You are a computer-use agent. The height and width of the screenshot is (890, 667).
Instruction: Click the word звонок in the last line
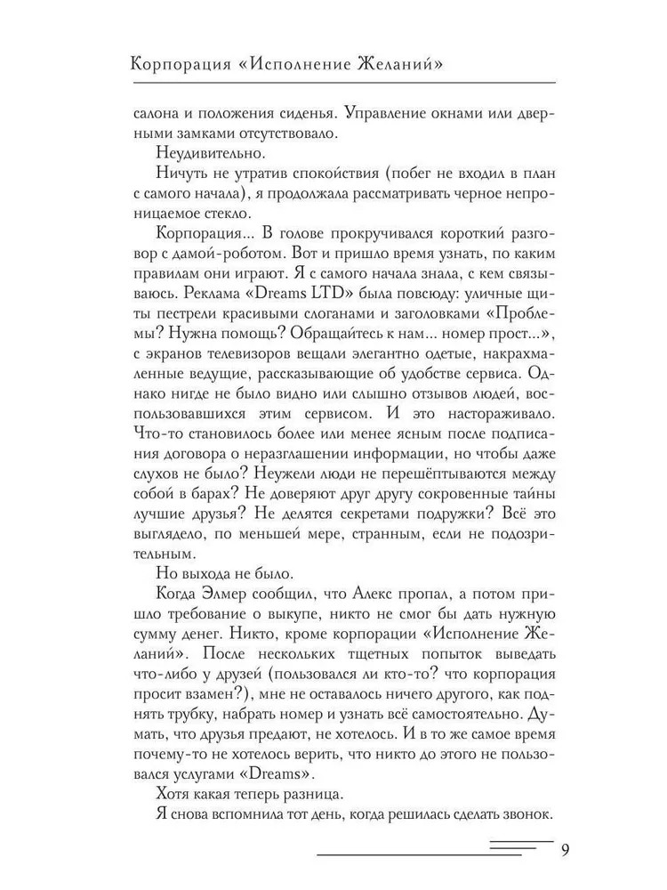(525, 815)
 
